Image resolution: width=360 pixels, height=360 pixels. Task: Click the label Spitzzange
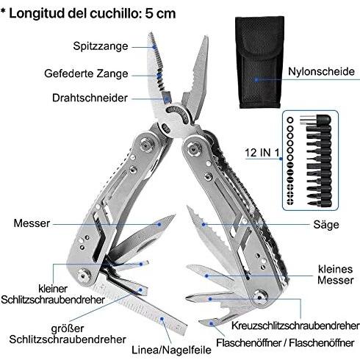click(x=101, y=46)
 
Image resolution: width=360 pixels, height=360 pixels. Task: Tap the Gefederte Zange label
click(x=86, y=73)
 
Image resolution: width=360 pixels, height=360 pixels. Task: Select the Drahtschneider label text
click(x=90, y=98)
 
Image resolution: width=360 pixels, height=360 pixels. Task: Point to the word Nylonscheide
click(x=321, y=71)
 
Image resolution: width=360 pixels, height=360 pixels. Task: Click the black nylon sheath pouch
click(x=259, y=62)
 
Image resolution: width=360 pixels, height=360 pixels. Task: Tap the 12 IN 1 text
click(x=262, y=153)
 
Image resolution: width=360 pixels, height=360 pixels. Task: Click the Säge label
click(x=326, y=225)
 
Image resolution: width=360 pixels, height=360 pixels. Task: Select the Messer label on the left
click(x=32, y=223)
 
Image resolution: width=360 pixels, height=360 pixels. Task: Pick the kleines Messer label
click(x=336, y=275)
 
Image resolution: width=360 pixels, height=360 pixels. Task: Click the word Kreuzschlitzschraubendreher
click(x=295, y=325)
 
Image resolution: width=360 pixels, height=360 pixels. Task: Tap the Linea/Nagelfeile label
click(x=171, y=350)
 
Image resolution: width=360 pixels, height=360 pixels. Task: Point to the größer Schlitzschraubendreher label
click(x=68, y=334)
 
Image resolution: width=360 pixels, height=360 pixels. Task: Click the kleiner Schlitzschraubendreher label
click(x=53, y=294)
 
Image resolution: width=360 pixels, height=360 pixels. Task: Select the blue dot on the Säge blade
click(x=204, y=224)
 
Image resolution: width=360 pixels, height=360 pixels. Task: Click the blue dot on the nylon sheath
click(x=256, y=79)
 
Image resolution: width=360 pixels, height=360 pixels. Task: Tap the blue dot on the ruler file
click(x=162, y=319)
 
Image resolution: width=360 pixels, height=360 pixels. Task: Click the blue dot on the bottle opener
click(x=212, y=323)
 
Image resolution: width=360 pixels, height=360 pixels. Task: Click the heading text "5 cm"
click(x=160, y=13)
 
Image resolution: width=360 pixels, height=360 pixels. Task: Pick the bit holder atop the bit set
click(x=316, y=120)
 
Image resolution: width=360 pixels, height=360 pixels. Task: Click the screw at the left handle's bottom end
click(x=84, y=275)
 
